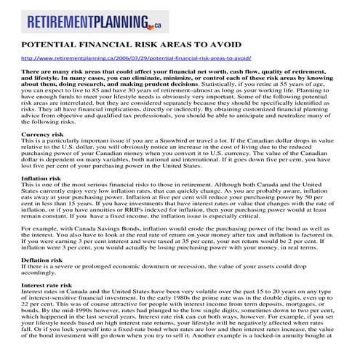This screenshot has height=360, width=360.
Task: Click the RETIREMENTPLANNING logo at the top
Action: click(x=95, y=24)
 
